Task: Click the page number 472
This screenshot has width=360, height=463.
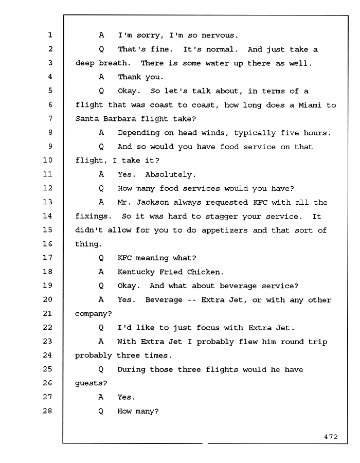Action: [331, 437]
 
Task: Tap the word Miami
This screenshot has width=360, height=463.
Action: [310, 105]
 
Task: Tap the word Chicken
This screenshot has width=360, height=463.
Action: [204, 272]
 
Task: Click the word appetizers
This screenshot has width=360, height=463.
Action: [225, 230]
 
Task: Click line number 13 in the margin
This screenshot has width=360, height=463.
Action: [47, 202]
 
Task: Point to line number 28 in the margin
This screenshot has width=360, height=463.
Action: [47, 411]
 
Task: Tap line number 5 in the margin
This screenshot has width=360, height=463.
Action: [50, 91]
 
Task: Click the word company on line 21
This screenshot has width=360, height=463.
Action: [91, 314]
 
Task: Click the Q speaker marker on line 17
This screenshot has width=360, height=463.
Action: [101, 258]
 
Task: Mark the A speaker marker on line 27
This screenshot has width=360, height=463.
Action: [101, 397]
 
